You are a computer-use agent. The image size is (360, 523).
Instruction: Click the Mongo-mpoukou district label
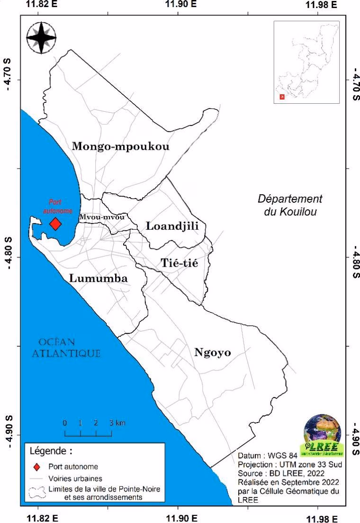pyautogui.click(x=120, y=146)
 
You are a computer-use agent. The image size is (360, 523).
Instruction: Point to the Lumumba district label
pyautogui.click(x=99, y=278)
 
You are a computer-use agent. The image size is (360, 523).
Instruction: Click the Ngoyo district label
pyautogui.click(x=212, y=352)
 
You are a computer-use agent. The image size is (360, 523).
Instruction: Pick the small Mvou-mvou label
pyautogui.click(x=102, y=217)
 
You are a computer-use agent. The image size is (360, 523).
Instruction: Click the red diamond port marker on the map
pyautogui.click(x=56, y=224)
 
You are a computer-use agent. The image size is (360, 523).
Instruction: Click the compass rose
pyautogui.click(x=41, y=37)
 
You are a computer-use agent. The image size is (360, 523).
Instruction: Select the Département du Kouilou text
pyautogui.click(x=290, y=205)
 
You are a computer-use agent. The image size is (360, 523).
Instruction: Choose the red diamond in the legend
pyautogui.click(x=37, y=466)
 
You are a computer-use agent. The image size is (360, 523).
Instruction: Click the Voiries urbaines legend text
pyautogui.click(x=79, y=478)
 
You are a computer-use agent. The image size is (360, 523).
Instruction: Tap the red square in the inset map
pyautogui.click(x=282, y=97)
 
